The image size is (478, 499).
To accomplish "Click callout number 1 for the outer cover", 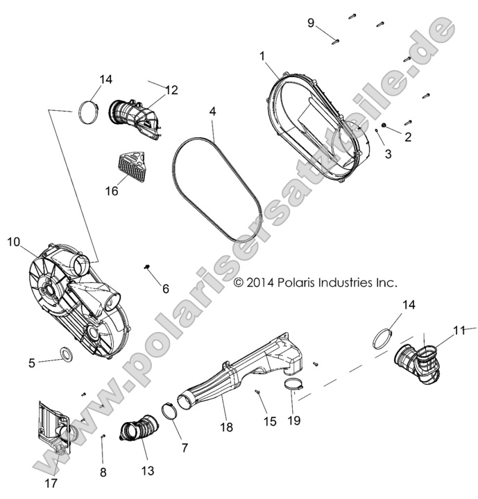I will click(x=262, y=56).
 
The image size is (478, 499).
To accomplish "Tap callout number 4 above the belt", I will click(x=213, y=111).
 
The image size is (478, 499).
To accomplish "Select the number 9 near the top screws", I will click(x=311, y=24).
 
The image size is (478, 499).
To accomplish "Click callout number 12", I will click(x=171, y=90).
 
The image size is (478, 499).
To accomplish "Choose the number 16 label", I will click(x=110, y=192).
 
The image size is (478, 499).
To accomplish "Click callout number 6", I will click(x=165, y=288).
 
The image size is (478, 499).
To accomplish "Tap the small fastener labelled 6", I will click(x=147, y=266).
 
